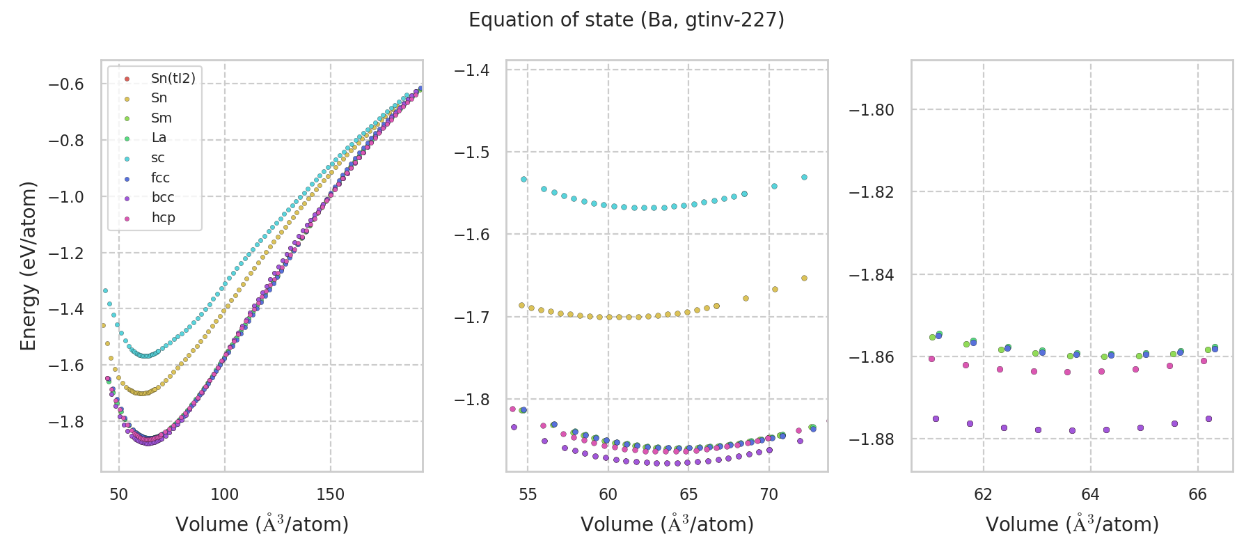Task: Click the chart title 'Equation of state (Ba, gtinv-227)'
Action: click(626, 20)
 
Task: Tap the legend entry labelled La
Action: click(159, 138)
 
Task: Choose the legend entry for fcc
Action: click(160, 178)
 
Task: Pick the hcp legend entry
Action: click(163, 217)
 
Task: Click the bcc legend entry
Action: click(163, 198)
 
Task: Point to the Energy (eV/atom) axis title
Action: click(28, 265)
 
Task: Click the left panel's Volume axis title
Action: click(262, 524)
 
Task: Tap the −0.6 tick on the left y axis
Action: click(65, 84)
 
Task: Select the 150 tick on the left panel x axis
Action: click(330, 494)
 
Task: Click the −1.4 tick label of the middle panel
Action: click(471, 70)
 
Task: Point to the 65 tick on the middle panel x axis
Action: click(688, 494)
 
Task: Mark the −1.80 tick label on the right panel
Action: click(871, 110)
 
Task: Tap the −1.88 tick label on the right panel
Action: click(871, 439)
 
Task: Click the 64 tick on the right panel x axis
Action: click(1090, 494)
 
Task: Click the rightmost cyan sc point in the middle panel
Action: click(804, 177)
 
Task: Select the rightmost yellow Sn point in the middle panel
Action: click(804, 278)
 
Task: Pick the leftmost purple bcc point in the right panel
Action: click(936, 418)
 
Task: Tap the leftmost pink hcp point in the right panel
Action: click(931, 359)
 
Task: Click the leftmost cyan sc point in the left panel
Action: click(105, 290)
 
